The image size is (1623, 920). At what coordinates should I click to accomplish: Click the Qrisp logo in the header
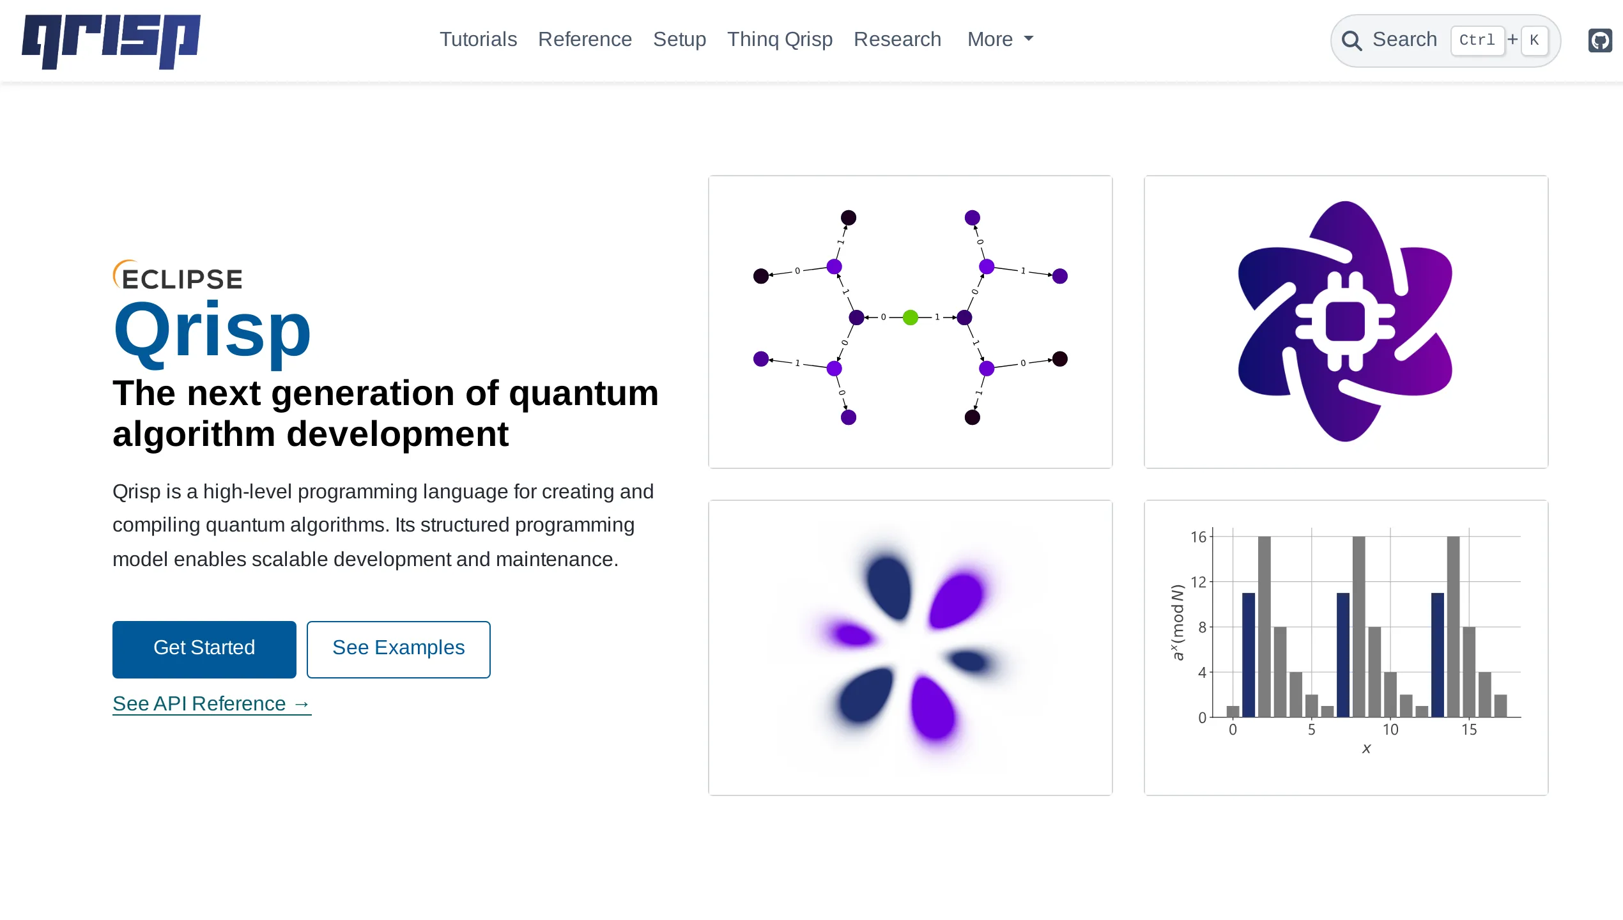coord(111,41)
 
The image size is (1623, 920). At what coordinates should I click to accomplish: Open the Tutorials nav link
coord(478,40)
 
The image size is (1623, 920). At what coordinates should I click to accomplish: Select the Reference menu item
coord(585,40)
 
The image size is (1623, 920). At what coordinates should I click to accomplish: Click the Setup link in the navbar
coord(679,40)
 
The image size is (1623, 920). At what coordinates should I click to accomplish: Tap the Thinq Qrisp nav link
coord(780,40)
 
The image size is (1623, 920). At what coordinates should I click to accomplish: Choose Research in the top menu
coord(897,40)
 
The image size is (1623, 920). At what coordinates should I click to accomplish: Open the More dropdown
coord(999,40)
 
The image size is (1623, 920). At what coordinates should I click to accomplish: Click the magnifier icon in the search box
coord(1351,41)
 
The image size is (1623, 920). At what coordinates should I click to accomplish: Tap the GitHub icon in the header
coord(1600,41)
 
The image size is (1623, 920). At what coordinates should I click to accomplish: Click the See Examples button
coord(398,648)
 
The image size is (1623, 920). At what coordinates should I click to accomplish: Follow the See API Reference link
coord(212,703)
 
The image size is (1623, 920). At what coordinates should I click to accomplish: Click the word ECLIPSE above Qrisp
coord(181,279)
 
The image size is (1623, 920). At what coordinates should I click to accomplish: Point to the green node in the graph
coord(910,317)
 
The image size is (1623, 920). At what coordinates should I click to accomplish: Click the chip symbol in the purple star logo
coord(1344,321)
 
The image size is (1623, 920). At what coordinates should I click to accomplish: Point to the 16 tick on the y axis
coord(1198,537)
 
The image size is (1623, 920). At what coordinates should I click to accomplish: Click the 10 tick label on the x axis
coord(1390,730)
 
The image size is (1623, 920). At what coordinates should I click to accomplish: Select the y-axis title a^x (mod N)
coord(1177,622)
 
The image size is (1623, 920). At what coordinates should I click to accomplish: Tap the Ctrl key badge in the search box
coord(1477,40)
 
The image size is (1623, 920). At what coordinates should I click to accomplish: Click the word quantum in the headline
coord(583,393)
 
